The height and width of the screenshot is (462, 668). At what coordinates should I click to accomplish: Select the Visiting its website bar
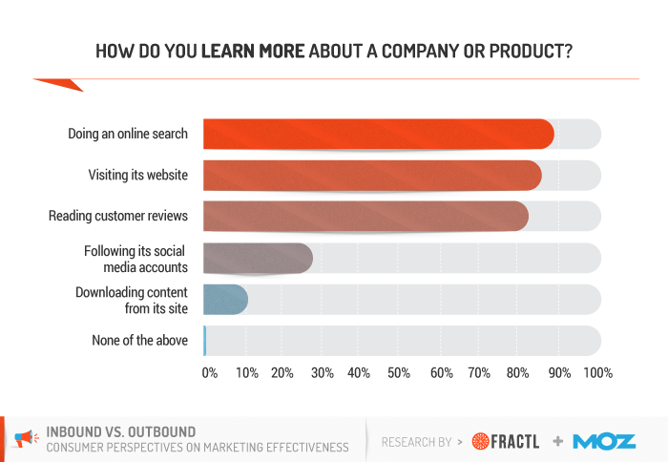pyautogui.click(x=372, y=175)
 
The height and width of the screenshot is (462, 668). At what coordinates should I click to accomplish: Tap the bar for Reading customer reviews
pyautogui.click(x=365, y=216)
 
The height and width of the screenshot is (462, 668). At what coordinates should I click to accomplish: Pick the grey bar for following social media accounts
pyautogui.click(x=258, y=258)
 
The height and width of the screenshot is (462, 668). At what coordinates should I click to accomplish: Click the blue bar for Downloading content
pyautogui.click(x=225, y=299)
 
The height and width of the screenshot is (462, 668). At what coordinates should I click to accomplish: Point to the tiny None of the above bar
pyautogui.click(x=204, y=340)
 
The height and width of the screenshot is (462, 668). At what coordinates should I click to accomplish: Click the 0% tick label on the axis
pyautogui.click(x=210, y=373)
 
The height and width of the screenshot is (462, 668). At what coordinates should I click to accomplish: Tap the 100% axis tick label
pyautogui.click(x=597, y=373)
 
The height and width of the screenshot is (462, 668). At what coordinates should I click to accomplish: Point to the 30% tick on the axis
pyautogui.click(x=323, y=373)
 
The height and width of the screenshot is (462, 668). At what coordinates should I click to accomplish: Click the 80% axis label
pyautogui.click(x=520, y=373)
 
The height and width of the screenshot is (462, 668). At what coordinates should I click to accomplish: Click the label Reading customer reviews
pyautogui.click(x=118, y=217)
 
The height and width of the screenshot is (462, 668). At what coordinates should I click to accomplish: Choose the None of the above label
pyautogui.click(x=139, y=340)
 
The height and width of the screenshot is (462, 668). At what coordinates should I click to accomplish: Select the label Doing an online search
pyautogui.click(x=128, y=134)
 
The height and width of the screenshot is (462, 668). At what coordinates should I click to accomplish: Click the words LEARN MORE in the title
pyautogui.click(x=254, y=50)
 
